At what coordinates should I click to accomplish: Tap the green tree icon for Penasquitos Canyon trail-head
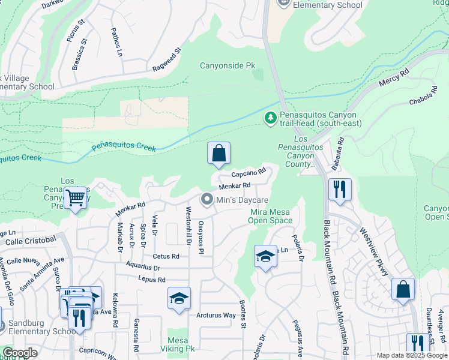(271, 118)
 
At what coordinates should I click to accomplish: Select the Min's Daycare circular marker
(207, 199)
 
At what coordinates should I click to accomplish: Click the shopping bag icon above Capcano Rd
(219, 154)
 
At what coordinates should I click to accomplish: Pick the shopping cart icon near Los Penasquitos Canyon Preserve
(76, 197)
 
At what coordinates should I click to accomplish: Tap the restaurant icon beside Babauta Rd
(339, 190)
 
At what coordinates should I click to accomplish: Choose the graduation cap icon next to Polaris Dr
(265, 257)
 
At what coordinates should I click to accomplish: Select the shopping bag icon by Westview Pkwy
(403, 289)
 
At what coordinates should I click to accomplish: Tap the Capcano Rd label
(249, 174)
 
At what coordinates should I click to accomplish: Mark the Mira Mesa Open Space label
(271, 216)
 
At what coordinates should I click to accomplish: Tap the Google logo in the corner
(20, 353)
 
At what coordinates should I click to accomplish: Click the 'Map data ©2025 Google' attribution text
(411, 355)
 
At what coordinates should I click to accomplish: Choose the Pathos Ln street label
(116, 43)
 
